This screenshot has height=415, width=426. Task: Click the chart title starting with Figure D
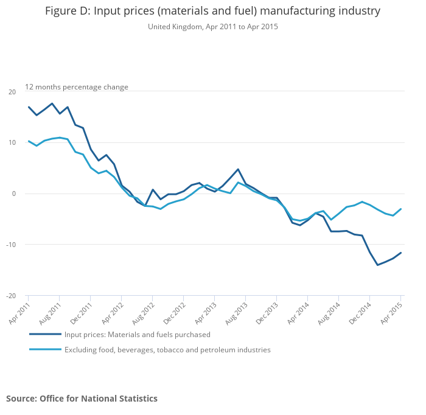(212, 11)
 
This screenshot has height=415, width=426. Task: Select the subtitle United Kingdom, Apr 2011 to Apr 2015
(212, 27)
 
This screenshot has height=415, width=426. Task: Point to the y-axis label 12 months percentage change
(77, 87)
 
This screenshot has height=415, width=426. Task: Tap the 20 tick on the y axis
(12, 92)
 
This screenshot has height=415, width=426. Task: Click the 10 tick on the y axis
(12, 143)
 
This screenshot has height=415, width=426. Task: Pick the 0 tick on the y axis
(14, 194)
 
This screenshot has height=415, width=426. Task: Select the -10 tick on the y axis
(12, 245)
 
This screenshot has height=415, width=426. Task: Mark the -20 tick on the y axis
(12, 296)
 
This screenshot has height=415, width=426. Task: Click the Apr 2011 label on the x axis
(19, 311)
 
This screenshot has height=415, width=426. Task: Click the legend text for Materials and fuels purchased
(138, 334)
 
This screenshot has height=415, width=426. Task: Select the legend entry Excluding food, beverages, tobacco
(167, 350)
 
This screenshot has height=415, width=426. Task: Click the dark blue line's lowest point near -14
(377, 265)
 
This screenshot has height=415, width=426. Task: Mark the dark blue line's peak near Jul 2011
(52, 103)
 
